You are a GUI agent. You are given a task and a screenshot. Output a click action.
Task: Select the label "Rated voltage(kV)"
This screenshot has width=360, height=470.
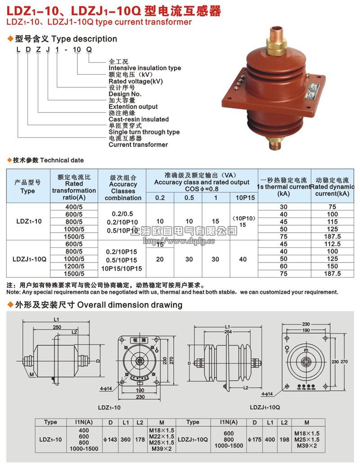pos(135,81)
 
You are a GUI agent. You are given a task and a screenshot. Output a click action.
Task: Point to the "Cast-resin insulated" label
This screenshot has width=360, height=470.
pos(139,119)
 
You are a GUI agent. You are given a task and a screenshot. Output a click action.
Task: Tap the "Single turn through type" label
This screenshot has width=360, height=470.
pos(144,132)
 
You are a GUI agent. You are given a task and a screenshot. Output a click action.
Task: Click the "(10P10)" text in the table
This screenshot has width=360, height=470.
pos(243,218)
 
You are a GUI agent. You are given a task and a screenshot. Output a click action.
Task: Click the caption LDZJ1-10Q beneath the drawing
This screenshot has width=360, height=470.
pos(265,407)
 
